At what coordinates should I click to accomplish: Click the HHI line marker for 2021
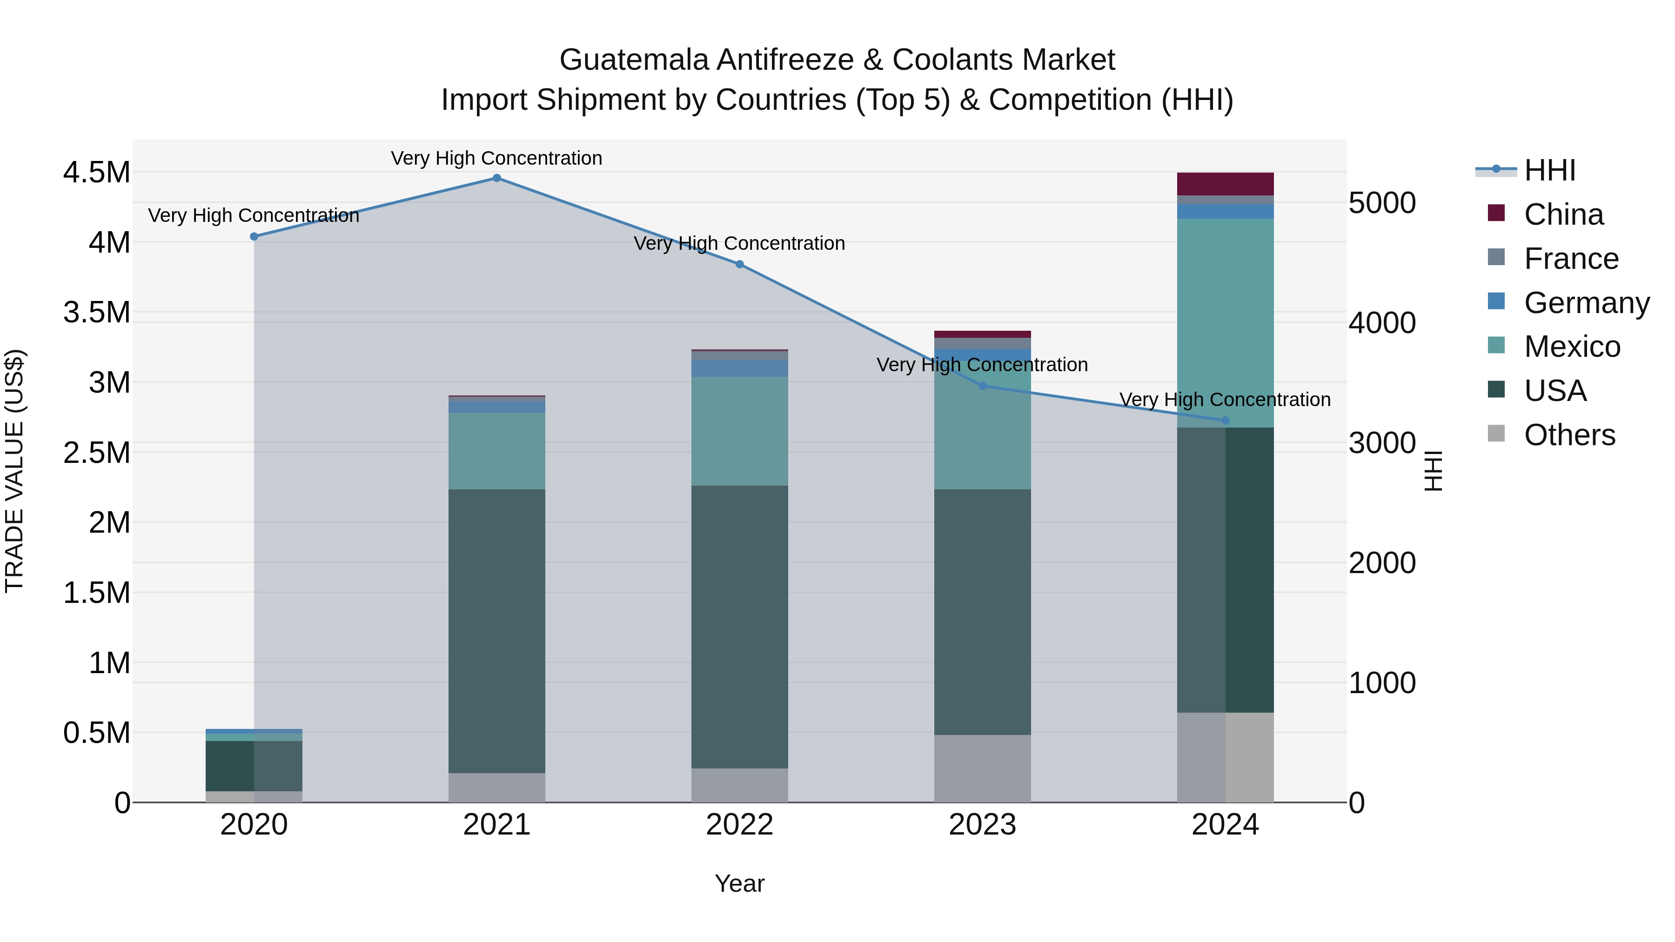click(x=497, y=178)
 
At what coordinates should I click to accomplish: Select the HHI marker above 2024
click(x=1225, y=421)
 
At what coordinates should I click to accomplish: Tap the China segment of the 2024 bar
click(x=1225, y=184)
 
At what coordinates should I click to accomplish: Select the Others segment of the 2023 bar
click(x=983, y=768)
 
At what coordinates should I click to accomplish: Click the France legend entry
click(x=1570, y=259)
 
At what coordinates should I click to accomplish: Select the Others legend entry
click(x=1568, y=435)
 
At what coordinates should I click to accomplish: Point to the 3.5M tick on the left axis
click(x=97, y=313)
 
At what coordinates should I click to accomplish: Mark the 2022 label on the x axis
click(x=739, y=825)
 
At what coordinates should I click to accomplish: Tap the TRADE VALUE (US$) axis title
click(x=15, y=471)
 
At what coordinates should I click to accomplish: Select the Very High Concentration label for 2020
click(x=254, y=215)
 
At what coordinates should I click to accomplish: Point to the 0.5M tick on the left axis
click(x=97, y=733)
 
